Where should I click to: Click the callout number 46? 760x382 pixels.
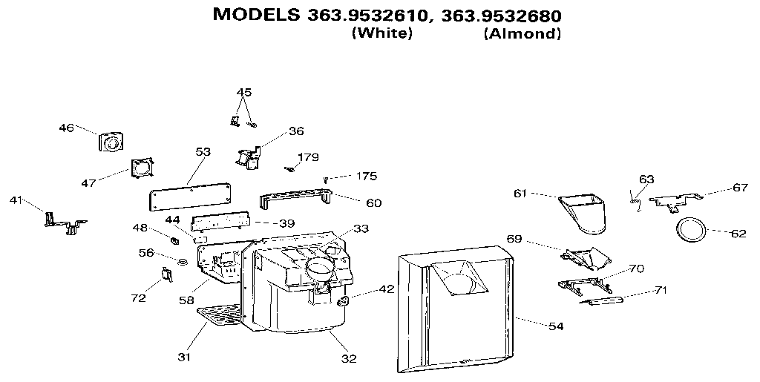click(x=66, y=128)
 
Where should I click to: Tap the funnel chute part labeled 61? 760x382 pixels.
click(x=583, y=212)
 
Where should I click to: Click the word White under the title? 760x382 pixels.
click(x=381, y=34)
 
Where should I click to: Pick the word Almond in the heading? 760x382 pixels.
click(x=522, y=34)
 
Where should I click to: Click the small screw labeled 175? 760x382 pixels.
click(x=326, y=180)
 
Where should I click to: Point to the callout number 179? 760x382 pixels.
click(x=308, y=157)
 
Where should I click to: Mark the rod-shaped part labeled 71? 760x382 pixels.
click(x=603, y=300)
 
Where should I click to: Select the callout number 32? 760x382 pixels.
click(x=349, y=358)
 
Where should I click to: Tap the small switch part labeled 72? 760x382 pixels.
click(x=166, y=275)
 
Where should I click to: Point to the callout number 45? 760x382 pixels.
click(x=243, y=92)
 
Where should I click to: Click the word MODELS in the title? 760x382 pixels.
click(x=256, y=15)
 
